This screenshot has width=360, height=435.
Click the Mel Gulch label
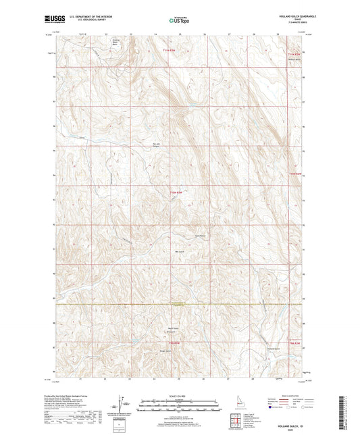(179, 251)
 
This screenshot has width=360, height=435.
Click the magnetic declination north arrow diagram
(122, 404)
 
